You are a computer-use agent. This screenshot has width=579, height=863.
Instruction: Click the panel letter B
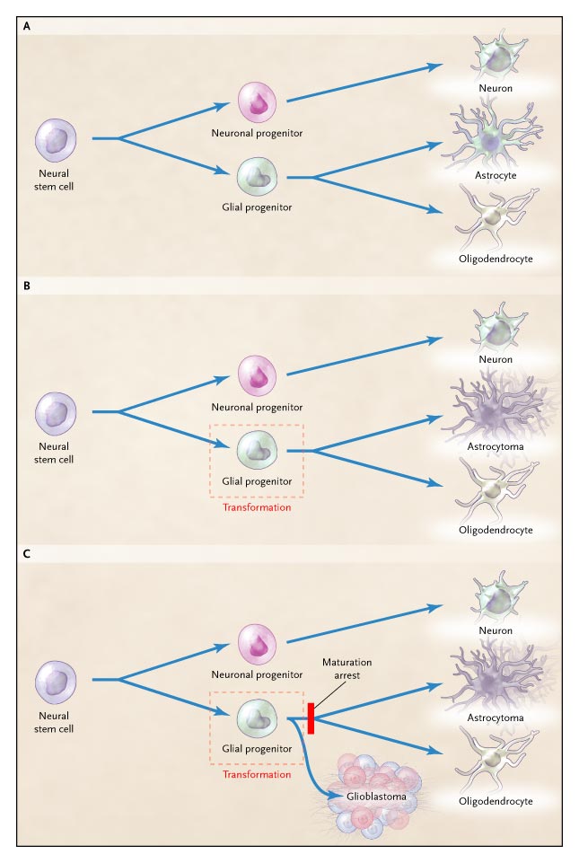coord(26,289)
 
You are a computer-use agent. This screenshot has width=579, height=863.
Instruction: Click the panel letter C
coord(26,554)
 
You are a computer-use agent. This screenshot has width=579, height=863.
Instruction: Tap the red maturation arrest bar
coord(311,718)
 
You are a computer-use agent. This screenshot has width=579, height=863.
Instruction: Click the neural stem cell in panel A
coord(56,142)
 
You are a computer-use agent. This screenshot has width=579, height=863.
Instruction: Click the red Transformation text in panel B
coord(257,506)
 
